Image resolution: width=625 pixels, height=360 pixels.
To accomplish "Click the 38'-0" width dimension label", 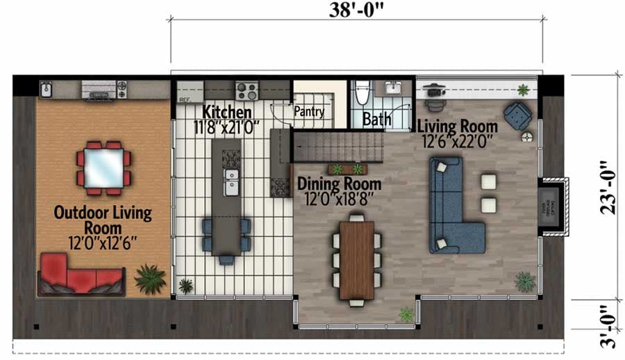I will point(356,10).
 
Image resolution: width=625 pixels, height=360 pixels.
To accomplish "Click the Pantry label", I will point(309,111).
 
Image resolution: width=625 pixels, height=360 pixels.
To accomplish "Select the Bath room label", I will point(377,120).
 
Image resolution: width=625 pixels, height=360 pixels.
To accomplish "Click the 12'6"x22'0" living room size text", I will point(458,141).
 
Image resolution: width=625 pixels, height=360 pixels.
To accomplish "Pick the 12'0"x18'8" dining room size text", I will point(339,198).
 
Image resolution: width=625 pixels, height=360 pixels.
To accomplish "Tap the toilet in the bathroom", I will point(360,93).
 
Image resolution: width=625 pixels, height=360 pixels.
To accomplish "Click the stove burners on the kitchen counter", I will point(247,90).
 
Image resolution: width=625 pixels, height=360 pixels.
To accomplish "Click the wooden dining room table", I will point(357,259).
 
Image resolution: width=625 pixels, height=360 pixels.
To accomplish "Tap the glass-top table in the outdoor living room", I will point(104,167).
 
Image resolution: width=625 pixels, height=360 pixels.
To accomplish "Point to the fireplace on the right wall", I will point(553,208).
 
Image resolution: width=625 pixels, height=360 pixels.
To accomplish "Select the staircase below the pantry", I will point(337,147).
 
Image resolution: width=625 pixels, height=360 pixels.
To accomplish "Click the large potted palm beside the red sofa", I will point(149,279).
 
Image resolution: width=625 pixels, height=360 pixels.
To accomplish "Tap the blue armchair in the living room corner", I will point(517,115).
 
